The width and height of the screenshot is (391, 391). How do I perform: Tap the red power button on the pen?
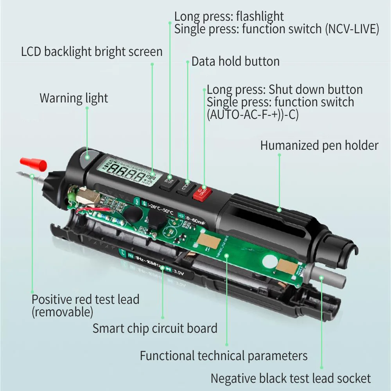click(x=202, y=192)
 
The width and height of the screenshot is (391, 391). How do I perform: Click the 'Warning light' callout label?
click(x=74, y=98)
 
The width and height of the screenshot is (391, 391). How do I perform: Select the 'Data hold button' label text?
click(x=235, y=61)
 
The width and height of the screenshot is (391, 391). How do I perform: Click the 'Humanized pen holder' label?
click(x=319, y=146)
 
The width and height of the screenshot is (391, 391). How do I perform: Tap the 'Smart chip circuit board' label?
click(x=155, y=328)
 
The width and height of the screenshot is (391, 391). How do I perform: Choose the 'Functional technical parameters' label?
click(x=224, y=356)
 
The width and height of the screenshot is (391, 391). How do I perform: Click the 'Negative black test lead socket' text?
click(x=291, y=378)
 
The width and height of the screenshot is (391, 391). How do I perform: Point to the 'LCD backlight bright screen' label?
click(x=92, y=52)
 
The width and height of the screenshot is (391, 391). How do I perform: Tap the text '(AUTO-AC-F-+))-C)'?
click(x=253, y=115)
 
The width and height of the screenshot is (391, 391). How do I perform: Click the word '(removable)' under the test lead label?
click(x=63, y=312)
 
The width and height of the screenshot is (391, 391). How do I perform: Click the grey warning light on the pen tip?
click(x=85, y=158)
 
